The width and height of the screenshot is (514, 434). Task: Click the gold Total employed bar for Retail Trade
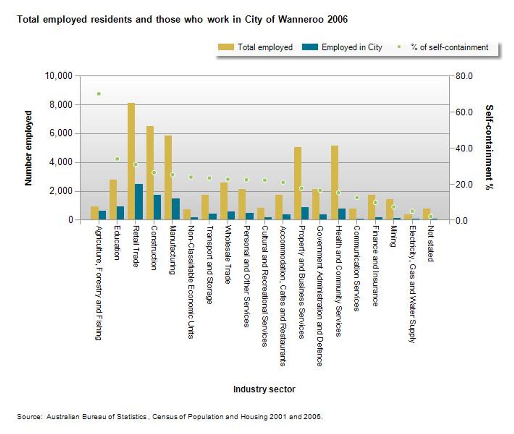coord(131,161)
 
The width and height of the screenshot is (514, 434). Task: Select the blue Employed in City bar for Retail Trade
coord(139,202)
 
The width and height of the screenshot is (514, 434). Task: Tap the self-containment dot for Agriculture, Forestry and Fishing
coord(99,94)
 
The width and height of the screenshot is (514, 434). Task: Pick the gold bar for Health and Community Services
coord(335,183)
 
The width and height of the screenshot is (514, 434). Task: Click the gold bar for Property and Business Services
coord(298,183)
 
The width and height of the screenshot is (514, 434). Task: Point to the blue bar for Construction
coord(157,207)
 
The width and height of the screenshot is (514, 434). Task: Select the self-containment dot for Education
coord(117,159)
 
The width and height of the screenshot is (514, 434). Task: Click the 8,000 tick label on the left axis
coord(61,105)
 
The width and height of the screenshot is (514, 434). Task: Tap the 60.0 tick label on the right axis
coord(464,112)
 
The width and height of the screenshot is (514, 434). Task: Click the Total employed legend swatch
coord(226,47)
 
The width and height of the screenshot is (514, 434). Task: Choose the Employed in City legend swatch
coord(310,47)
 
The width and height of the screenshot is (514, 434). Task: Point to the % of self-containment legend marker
coord(399,47)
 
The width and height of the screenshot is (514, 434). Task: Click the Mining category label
coord(393,236)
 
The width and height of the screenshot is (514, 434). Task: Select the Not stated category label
coord(430,244)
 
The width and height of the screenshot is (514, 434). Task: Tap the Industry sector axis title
coord(264,389)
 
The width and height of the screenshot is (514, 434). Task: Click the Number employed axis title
coord(28,148)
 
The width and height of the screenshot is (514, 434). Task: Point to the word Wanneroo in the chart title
coord(301,19)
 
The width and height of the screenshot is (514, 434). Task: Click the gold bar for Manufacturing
coord(168,177)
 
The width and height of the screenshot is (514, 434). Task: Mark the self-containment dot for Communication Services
coord(357,198)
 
